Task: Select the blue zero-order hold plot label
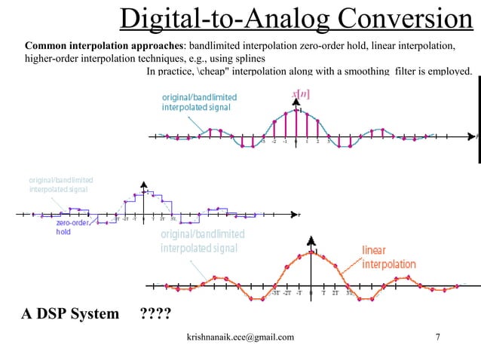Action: (73, 227)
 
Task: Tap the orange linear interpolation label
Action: (388, 258)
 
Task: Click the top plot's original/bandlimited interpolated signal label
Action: (199, 102)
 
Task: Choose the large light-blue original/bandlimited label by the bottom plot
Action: (202, 241)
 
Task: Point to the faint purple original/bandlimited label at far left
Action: (60, 185)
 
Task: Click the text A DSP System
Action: (69, 313)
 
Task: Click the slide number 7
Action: (438, 338)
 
